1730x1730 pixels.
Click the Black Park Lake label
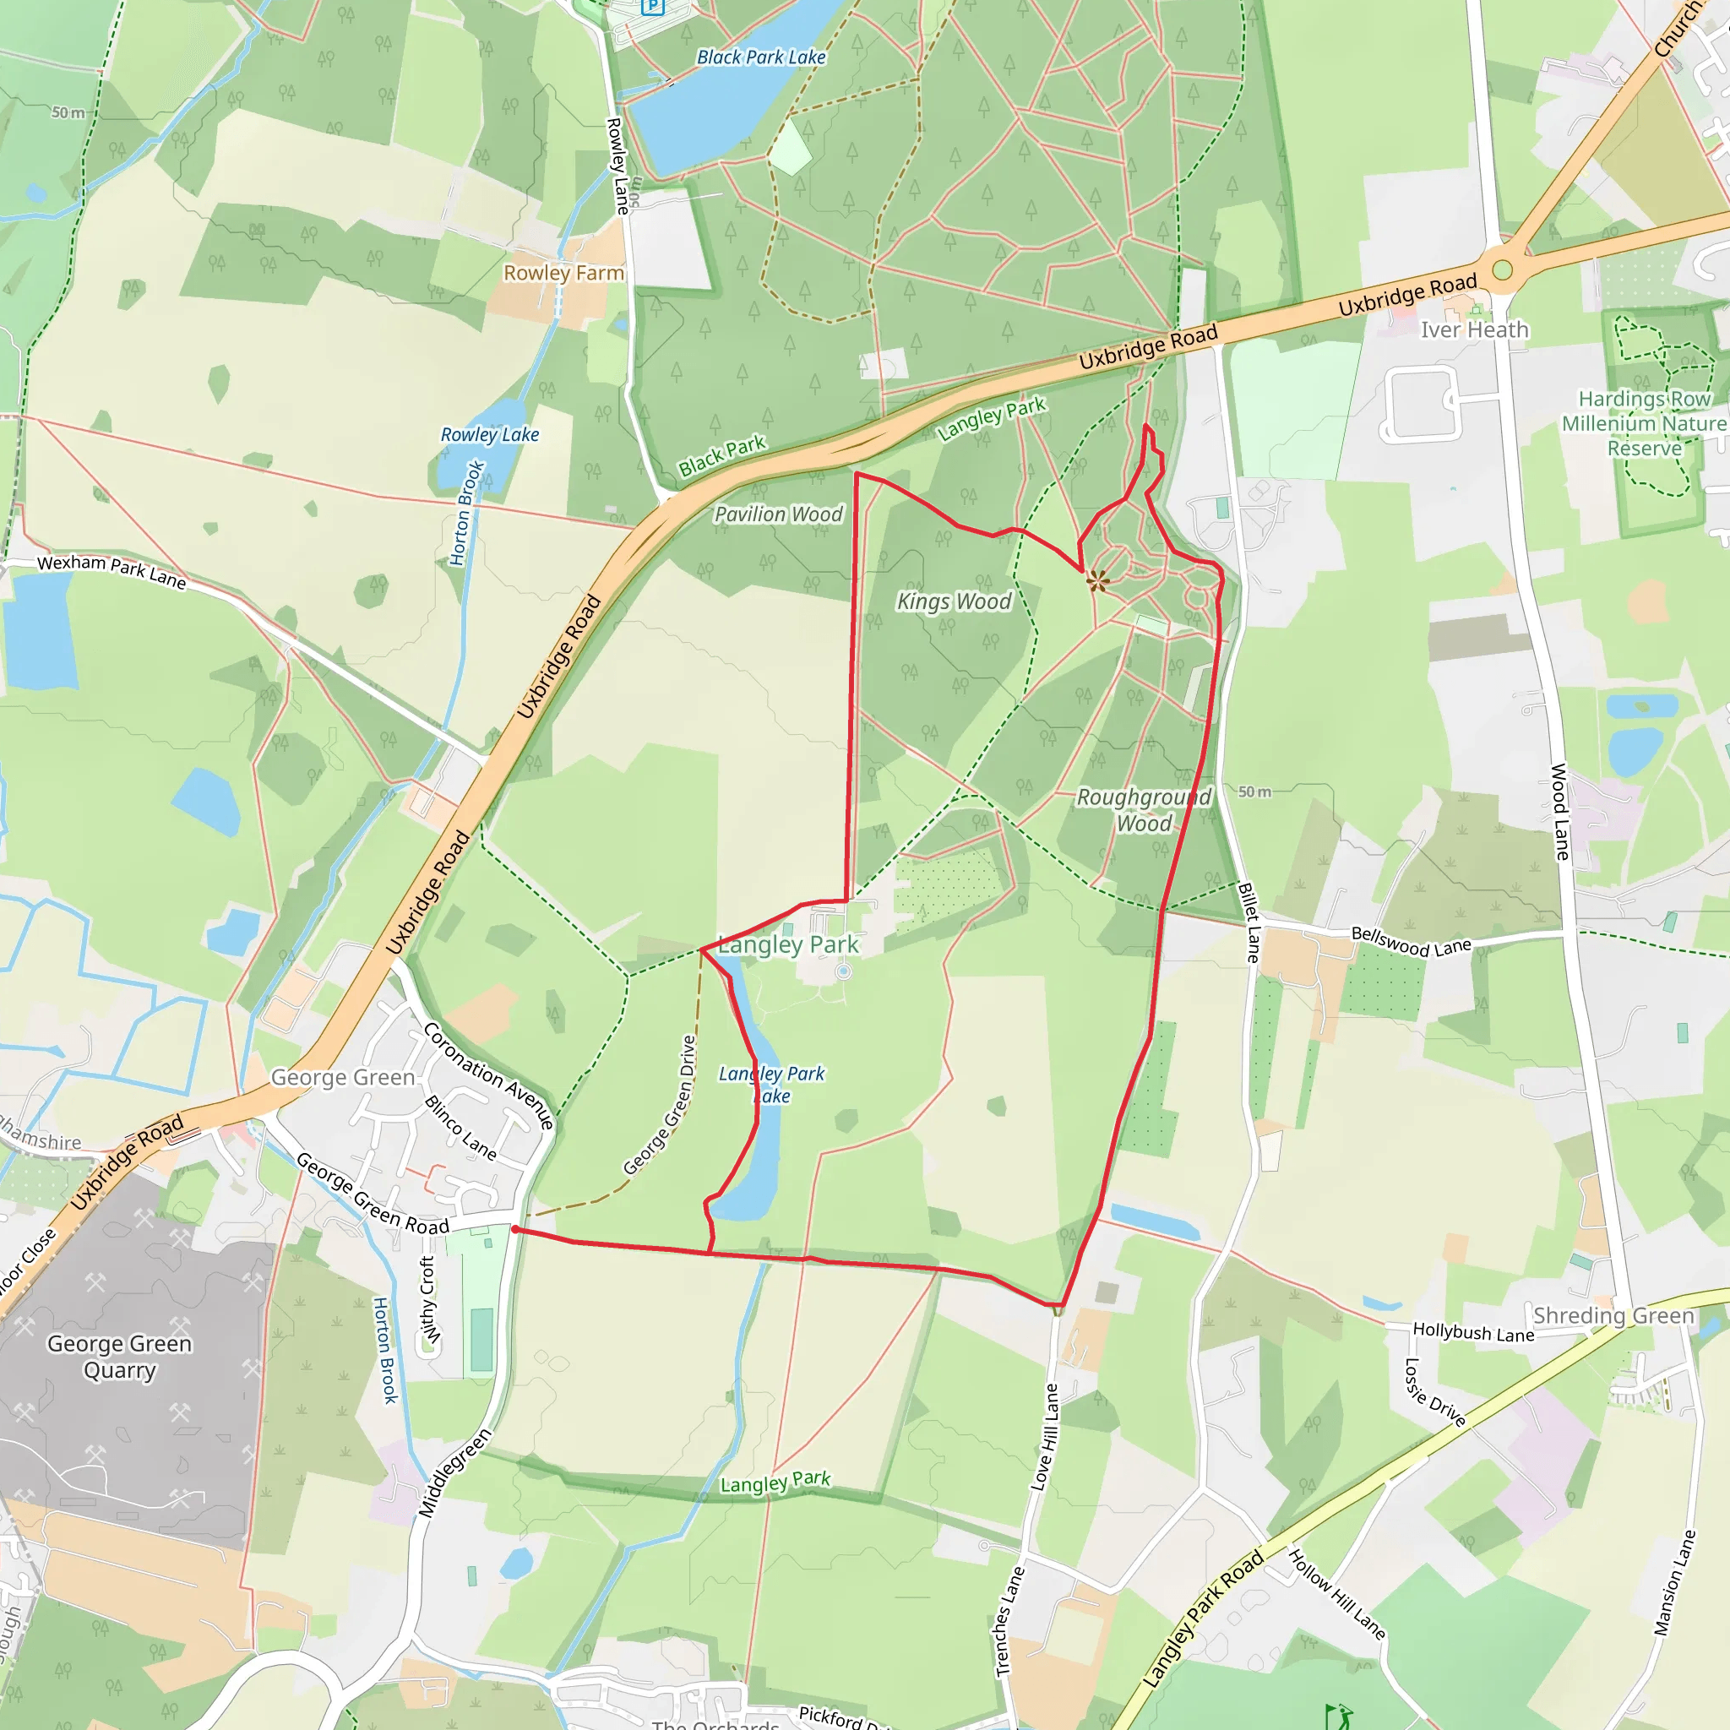point(761,57)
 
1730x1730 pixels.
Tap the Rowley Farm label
point(563,272)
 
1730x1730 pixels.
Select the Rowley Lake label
point(490,434)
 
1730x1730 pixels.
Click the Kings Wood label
point(954,601)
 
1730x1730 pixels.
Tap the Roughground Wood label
point(1144,810)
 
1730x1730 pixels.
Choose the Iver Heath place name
point(1474,330)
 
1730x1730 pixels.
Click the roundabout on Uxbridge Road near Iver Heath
point(1503,269)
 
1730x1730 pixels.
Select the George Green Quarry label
point(119,1357)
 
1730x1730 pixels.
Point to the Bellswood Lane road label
point(1412,942)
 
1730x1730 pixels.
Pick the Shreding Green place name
point(1613,1315)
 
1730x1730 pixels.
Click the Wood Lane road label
point(1560,811)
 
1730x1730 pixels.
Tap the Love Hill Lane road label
point(1045,1436)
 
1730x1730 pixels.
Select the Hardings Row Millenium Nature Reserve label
point(1644,422)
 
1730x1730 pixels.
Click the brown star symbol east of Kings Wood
point(1098,581)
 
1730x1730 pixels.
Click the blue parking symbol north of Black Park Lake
point(653,5)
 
